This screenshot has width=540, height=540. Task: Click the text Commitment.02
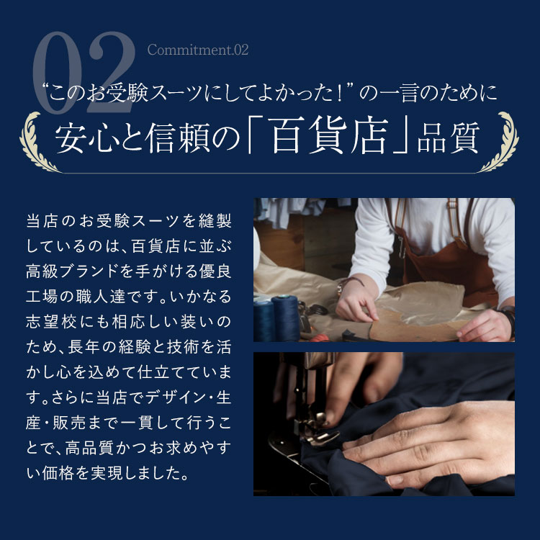198,50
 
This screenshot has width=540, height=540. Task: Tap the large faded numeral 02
84,72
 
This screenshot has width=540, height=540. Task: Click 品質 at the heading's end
449,138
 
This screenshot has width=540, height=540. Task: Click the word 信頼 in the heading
178,138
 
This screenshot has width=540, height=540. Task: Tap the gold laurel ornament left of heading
38,142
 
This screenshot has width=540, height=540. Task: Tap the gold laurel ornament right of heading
500,142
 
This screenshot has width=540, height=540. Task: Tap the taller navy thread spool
286,318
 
